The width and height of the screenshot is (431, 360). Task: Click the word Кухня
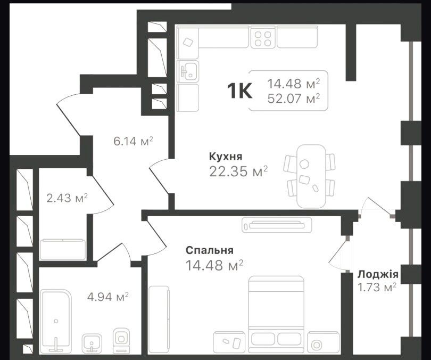pos(226,157)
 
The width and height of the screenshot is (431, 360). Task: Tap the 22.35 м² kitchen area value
pos(238,171)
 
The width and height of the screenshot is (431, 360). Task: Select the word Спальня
pos(210,250)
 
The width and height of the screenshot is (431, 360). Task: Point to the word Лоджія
pos(378,274)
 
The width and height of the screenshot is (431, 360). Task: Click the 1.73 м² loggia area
pos(377,288)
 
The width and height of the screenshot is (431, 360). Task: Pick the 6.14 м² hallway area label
pos(133,141)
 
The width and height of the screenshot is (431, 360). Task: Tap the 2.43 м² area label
pos(67,198)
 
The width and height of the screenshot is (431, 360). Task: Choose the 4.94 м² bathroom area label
pos(107,297)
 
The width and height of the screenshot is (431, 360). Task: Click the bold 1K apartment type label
pos(239,91)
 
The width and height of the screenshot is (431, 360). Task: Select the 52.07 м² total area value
pos(294,98)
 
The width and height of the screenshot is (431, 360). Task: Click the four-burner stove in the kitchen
pos(262,38)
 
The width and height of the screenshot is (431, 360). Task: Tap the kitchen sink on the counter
pos(188,71)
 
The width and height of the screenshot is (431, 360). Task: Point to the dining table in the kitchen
pos(311,176)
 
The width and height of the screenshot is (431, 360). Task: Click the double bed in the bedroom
pos(276,314)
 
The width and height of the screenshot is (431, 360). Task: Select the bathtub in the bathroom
pos(56,320)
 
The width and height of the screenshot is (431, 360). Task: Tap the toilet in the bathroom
pos(120,340)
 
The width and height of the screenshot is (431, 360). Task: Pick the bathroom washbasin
pos(92,342)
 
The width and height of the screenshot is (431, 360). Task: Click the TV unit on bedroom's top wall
pos(277,225)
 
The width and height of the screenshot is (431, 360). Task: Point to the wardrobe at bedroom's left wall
pos(159,320)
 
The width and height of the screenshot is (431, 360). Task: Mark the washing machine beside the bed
pos(318,342)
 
